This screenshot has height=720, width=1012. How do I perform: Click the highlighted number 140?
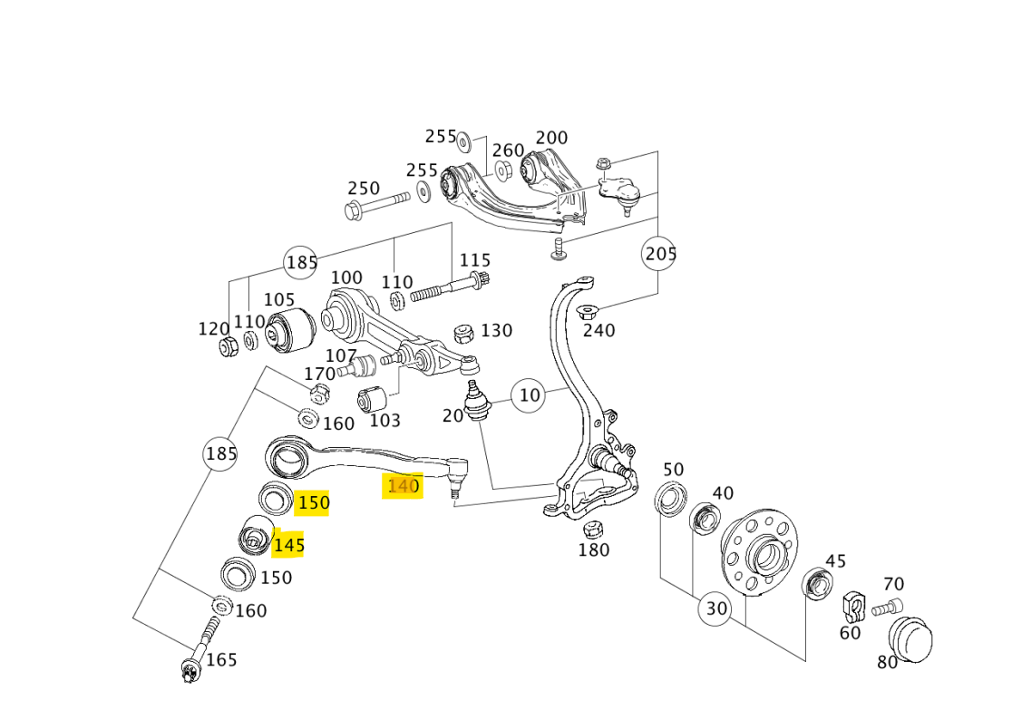pos(404,486)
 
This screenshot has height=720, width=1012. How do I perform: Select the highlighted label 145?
pos(288,545)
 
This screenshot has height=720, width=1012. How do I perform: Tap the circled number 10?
pos(530,394)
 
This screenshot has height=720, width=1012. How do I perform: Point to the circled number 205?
pos(660,253)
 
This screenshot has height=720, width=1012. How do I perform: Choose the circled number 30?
pos(716,608)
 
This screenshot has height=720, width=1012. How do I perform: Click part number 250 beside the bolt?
pos(364,189)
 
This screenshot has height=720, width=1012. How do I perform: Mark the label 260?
pos(509,150)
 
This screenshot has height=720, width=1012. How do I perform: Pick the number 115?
pos(474,260)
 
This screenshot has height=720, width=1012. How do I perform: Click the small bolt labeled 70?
pos(888,608)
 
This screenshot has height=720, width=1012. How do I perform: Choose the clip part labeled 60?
pos(853,605)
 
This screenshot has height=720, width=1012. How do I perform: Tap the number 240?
pos(598,330)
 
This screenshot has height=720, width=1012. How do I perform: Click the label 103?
pos(385,421)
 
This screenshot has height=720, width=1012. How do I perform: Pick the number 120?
pos(214,328)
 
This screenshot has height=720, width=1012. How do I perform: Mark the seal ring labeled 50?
pos(671,498)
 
